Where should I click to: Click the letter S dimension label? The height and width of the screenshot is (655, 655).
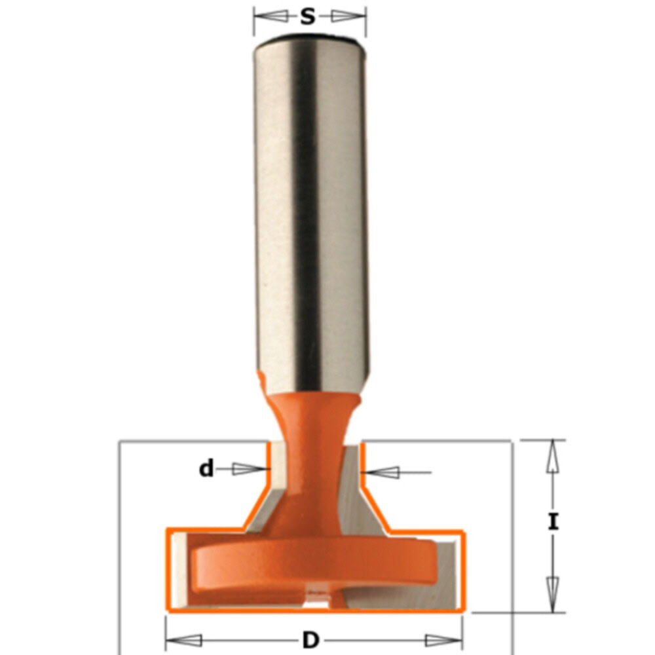pos(308,16)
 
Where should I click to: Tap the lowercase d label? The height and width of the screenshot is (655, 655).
pos(207,468)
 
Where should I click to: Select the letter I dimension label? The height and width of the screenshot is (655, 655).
pos(553,522)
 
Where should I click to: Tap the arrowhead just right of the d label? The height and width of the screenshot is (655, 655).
pos(246,468)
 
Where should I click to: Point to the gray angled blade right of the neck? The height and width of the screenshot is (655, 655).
pos(364,498)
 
